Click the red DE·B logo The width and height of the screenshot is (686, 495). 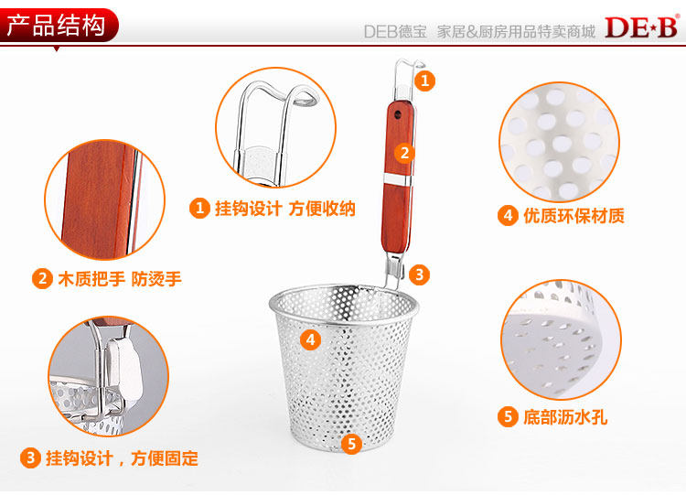pyautogui.click(x=642, y=27)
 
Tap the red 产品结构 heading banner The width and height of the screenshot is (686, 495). pyautogui.click(x=59, y=25)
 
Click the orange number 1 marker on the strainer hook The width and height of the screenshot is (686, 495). pyautogui.click(x=424, y=81)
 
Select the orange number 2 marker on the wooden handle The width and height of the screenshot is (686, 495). pyautogui.click(x=404, y=153)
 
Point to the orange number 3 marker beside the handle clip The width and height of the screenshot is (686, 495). pyautogui.click(x=419, y=274)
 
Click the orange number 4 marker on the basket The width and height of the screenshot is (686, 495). pyautogui.click(x=310, y=339)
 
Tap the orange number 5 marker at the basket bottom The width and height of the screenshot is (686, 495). pyautogui.click(x=351, y=444)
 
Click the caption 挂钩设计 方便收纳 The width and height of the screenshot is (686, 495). pyautogui.click(x=284, y=209)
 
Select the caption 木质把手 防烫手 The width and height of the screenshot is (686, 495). pyautogui.click(x=120, y=279)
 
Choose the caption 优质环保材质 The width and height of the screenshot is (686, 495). pyautogui.click(x=574, y=216)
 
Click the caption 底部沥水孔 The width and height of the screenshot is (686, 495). pyautogui.click(x=565, y=416)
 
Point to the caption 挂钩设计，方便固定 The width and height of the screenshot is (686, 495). pyautogui.click(x=122, y=458)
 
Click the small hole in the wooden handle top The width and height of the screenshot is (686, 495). pyautogui.click(x=398, y=114)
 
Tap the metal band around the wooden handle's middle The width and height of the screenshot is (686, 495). pyautogui.click(x=398, y=178)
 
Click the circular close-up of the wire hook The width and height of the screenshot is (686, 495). pyautogui.click(x=276, y=127)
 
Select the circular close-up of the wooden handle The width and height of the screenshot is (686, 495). pyautogui.click(x=105, y=199)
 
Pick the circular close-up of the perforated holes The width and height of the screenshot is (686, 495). pyautogui.click(x=559, y=142)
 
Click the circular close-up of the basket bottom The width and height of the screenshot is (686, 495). pyautogui.click(x=561, y=339)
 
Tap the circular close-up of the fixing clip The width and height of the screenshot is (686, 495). pyautogui.click(x=109, y=376)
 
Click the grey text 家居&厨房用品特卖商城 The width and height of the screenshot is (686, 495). pyautogui.click(x=516, y=31)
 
